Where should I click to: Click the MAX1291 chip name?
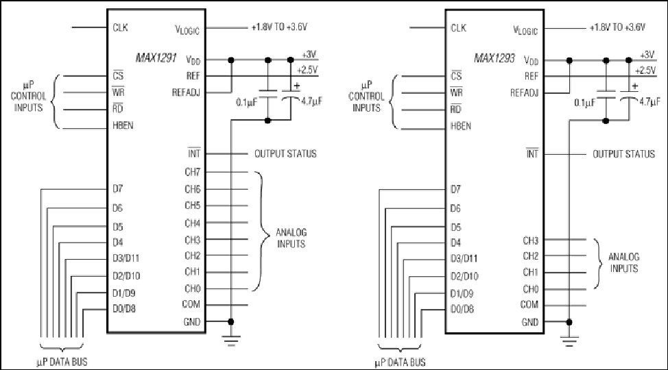pos(156,58)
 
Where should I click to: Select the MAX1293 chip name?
pos(494,58)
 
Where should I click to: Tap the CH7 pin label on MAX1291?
pos(193,172)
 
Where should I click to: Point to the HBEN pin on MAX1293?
pos(461,126)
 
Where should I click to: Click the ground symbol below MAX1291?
pos(231,341)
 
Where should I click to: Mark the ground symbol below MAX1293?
pos(569,341)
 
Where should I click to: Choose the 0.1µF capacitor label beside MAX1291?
pos(247,102)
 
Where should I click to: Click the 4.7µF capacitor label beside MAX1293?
pos(649,101)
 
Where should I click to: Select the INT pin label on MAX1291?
pos(194,153)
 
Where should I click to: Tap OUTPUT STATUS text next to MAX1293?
pos(623,153)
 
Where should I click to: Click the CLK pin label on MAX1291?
pos(120,27)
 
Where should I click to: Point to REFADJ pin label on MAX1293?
pos(525,92)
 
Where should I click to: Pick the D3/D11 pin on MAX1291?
pos(126,258)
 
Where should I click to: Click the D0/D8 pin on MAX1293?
pos(462,309)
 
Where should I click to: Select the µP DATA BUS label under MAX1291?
pos(62,362)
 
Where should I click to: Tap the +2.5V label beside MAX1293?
pos(645,71)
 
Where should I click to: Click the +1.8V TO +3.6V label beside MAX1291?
pos(279,27)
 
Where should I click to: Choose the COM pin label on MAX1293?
pos(529,305)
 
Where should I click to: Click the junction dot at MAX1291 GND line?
pos(231,322)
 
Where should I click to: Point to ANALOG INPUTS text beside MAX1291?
pos(291,238)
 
